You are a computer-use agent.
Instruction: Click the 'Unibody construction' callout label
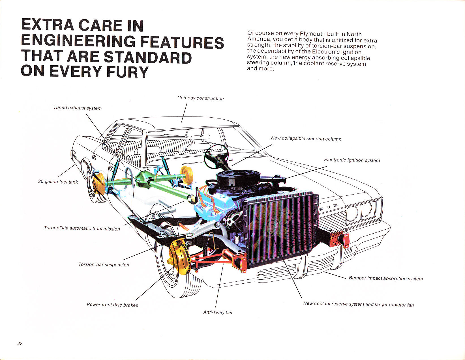[200, 98]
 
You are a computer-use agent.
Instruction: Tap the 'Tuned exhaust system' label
[78, 108]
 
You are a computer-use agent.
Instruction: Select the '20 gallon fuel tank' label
[58, 182]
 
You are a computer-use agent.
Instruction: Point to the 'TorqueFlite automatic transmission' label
[82, 228]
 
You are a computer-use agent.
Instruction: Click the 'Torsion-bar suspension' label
[104, 264]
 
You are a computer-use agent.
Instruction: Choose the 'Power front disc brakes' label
[112, 305]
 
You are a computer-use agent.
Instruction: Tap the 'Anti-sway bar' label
[218, 312]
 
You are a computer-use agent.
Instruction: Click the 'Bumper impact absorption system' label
[386, 278]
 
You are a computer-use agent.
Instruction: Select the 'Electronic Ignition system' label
[352, 160]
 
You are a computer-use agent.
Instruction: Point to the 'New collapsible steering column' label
[306, 139]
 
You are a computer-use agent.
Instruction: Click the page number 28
[20, 343]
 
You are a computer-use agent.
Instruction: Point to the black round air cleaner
[238, 178]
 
